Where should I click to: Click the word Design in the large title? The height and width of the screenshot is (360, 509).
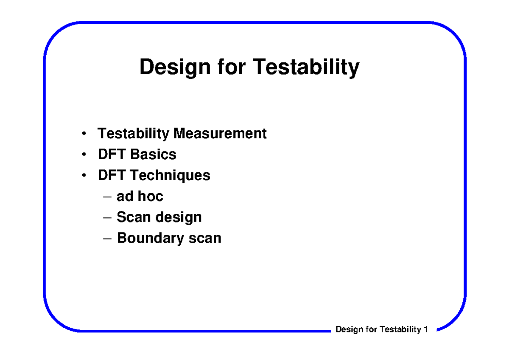[174, 67]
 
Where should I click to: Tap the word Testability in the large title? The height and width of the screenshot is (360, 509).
[306, 67]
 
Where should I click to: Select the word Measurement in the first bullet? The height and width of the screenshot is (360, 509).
[220, 133]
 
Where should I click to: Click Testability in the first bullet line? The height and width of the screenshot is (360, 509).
[133, 133]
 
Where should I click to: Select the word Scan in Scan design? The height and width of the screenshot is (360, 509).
[133, 217]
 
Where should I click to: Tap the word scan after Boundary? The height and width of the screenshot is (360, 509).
[205, 238]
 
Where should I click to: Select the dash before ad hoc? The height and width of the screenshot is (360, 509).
[108, 197]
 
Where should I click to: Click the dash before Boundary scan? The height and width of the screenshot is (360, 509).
[108, 238]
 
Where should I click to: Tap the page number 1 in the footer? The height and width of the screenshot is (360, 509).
[425, 329]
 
